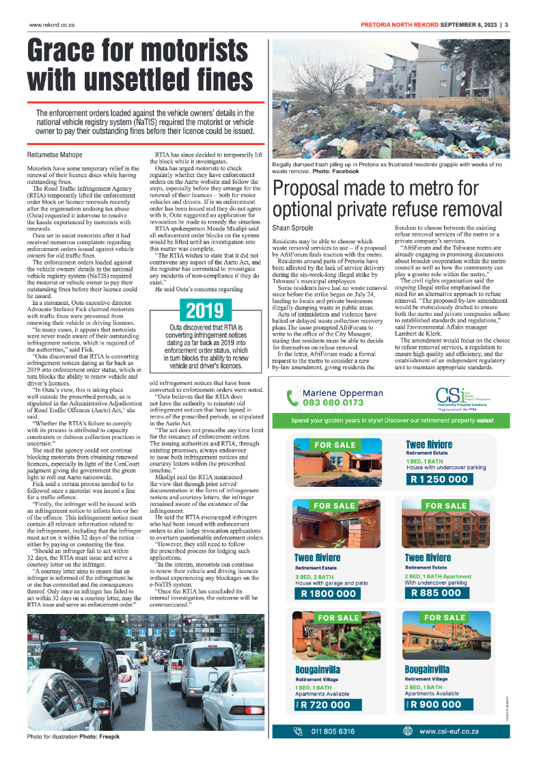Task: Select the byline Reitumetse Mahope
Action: tap(55, 155)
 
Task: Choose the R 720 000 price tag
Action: tap(325, 705)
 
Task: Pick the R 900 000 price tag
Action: tap(436, 705)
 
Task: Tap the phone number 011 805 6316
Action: tap(333, 732)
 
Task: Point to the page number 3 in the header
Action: tap(506, 25)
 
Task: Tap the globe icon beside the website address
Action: tap(408, 732)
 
